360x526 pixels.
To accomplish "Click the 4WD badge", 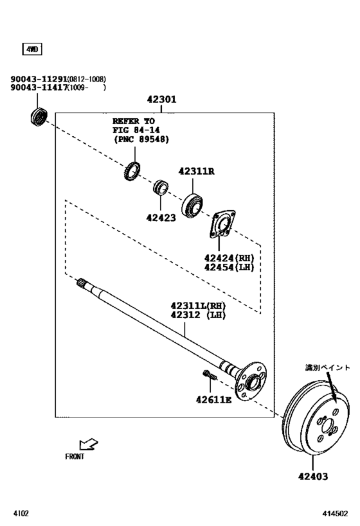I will pyautogui.click(x=32, y=49).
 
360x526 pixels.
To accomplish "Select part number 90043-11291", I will pyautogui.click(x=39, y=79).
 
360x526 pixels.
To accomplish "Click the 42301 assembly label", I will pyautogui.click(x=161, y=100).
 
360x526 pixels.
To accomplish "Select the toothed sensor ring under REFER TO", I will pyautogui.click(x=132, y=171).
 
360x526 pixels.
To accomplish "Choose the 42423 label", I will pyautogui.click(x=161, y=217).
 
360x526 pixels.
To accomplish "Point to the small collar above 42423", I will pyautogui.click(x=161, y=189).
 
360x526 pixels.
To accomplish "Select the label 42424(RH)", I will pyautogui.click(x=230, y=258).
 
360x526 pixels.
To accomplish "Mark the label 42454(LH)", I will pyautogui.click(x=230, y=267).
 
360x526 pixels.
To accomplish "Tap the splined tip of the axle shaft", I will pyautogui.click(x=82, y=283).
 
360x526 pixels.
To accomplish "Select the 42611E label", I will pyautogui.click(x=213, y=399).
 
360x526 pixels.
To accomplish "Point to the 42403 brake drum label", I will pyautogui.click(x=313, y=477).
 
